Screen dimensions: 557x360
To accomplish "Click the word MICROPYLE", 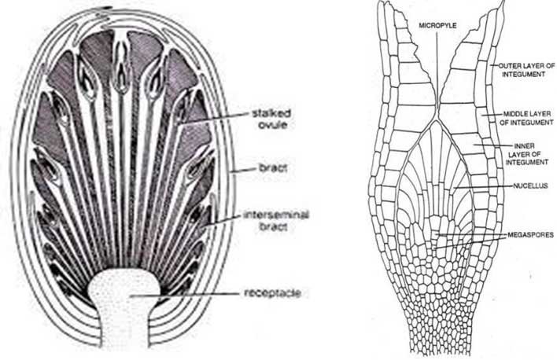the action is coord(437,26).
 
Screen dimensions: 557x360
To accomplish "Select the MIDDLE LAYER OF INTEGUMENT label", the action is coord(527,118).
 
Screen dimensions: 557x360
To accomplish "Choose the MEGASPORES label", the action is coord(530,235).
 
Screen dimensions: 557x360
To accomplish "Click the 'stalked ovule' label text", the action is coord(271,119).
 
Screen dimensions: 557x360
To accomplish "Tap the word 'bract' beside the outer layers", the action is coord(273,167).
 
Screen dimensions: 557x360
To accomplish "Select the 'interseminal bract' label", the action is coord(276,220).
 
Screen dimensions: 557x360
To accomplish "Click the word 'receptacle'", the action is coord(273,293).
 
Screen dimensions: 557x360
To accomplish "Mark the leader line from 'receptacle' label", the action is coord(186,294).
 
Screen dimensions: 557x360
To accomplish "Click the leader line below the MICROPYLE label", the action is coord(437,72).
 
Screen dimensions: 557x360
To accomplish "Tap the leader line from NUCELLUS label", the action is coord(482,186).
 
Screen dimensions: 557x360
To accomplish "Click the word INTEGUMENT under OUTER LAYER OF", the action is coord(524,74).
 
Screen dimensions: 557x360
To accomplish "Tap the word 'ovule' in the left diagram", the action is coord(272,125).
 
